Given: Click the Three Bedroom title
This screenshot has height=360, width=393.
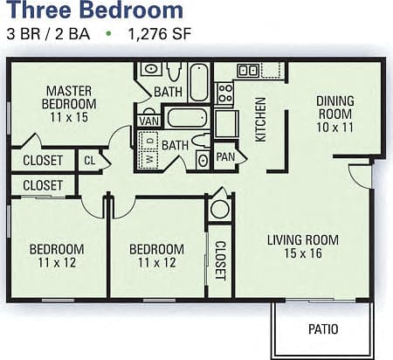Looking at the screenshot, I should tap(95, 11).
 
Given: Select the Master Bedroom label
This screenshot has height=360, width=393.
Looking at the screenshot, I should tap(71, 103).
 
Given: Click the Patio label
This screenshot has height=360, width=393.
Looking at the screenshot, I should tap(323, 329).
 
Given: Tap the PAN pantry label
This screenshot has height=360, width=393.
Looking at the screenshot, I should tap(225, 156).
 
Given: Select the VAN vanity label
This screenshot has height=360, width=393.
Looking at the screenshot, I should tap(148, 121).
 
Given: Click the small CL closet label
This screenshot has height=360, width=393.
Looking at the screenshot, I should tap(89, 160).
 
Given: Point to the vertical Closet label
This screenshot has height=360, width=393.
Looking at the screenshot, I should tap(220, 260).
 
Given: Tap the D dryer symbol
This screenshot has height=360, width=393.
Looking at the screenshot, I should tap(150, 141).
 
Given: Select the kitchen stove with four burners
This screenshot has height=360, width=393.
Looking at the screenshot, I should tap(224, 93).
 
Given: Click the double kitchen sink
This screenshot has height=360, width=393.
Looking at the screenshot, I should tap(248, 70).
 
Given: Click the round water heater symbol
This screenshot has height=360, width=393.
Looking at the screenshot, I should tap(219, 209).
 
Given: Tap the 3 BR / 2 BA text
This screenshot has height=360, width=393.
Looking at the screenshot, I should tap(48, 36).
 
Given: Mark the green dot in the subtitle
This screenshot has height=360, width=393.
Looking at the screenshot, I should tap(109, 36).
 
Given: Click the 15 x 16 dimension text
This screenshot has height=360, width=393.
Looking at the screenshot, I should tap(302, 255).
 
